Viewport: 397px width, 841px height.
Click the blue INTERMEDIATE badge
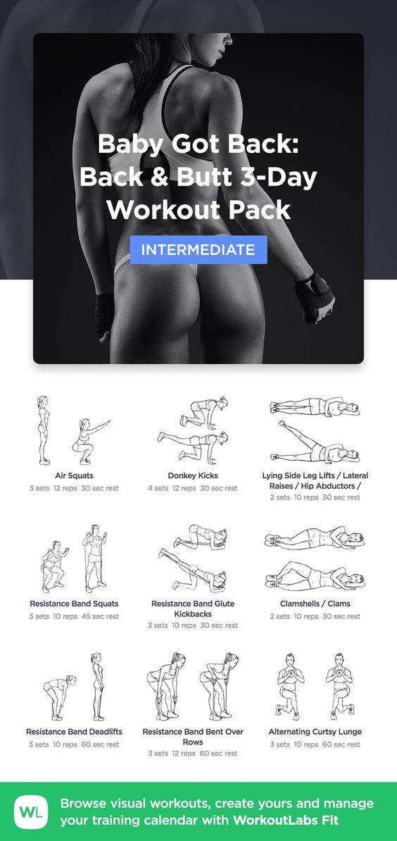[198, 249]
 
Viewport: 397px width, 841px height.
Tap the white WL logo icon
[30, 811]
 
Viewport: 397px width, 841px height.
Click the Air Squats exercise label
[74, 475]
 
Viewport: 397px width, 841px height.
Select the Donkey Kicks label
[193, 475]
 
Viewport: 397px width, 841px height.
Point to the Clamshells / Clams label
[315, 604]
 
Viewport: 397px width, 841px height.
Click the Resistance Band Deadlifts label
[74, 732]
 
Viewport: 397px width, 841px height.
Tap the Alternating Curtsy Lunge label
[315, 732]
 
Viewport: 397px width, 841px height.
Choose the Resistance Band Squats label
[74, 604]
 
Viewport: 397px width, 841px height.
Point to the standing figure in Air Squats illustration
[44, 430]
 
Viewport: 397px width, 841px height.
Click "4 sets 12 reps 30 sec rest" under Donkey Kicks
[193, 488]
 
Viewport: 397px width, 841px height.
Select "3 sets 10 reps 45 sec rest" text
[74, 616]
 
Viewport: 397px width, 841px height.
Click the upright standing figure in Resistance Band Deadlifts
[97, 687]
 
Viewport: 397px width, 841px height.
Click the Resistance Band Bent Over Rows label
[193, 737]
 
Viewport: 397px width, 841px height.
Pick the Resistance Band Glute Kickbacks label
[193, 609]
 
